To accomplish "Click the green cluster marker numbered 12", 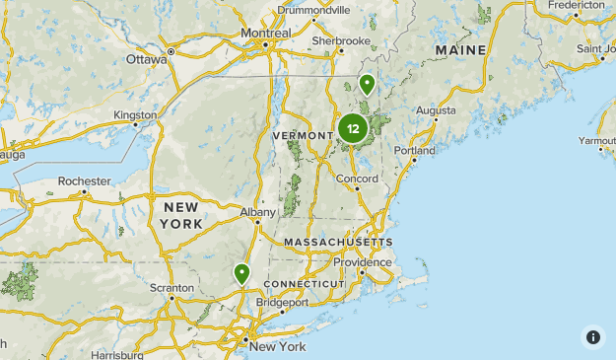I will tap(353, 128).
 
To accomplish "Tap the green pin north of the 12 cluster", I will tap(367, 85).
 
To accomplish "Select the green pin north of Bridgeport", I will tap(241, 273).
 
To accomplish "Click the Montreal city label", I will tap(266, 33).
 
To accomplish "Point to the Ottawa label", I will tap(147, 58).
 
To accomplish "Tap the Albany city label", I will tap(257, 211).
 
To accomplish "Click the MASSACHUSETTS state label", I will tap(338, 242).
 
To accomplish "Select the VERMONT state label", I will tap(302, 135).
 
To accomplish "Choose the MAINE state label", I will tap(460, 49).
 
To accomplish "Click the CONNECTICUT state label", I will tap(304, 284).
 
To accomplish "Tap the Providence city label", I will tap(362, 262).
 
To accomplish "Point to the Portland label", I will tap(414, 151).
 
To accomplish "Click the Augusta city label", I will tap(437, 110).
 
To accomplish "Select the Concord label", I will tap(357, 180).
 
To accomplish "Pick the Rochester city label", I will tap(84, 181).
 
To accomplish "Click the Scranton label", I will tap(171, 289).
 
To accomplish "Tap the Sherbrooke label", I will tap(340, 41).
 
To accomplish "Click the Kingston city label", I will tap(135, 114).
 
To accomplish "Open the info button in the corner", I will tap(593, 336).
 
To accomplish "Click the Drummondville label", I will tap(313, 10).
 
